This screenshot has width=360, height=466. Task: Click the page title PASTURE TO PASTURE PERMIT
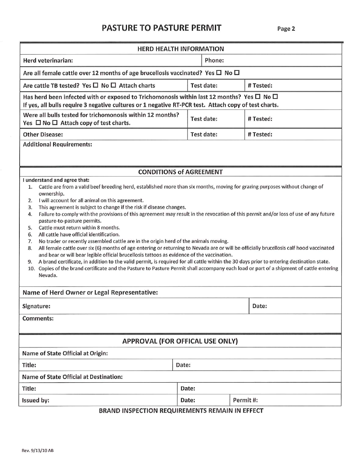click(x=161, y=28)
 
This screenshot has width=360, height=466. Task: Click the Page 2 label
click(x=286, y=29)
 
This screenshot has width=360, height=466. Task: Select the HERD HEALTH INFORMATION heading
click(x=180, y=49)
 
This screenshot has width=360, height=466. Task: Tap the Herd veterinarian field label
click(x=48, y=60)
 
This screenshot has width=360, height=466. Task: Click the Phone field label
click(x=214, y=60)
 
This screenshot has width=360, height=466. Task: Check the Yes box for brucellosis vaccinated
click(x=219, y=73)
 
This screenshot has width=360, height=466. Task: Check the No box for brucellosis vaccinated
click(x=237, y=73)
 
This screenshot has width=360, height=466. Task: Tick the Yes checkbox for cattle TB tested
click(x=95, y=86)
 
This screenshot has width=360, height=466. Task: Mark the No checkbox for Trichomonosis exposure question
click(x=275, y=97)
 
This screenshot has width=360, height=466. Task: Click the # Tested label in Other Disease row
click(x=260, y=134)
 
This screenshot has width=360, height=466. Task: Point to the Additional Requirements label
click(x=58, y=144)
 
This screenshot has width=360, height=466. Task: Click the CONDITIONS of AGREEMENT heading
click(x=180, y=172)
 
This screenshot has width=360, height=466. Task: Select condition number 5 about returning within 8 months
click(x=79, y=228)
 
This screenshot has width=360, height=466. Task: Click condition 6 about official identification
click(x=79, y=235)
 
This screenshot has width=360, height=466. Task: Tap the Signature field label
click(x=36, y=306)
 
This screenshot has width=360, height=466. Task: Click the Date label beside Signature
click(x=260, y=306)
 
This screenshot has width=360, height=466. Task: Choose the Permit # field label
click(x=245, y=400)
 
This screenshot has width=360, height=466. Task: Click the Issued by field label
click(x=36, y=400)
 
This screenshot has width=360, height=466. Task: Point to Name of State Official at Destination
click(x=72, y=377)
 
